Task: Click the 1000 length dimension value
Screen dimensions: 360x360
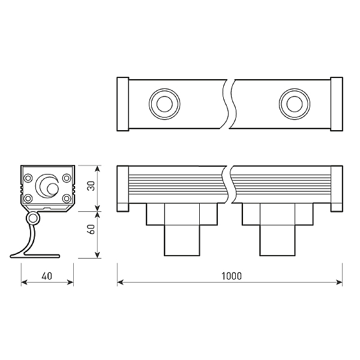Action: (x=231, y=276)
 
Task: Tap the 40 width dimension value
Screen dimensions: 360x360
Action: (x=47, y=276)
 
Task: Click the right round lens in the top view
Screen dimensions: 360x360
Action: (x=293, y=104)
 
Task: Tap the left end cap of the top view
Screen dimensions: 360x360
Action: (x=122, y=104)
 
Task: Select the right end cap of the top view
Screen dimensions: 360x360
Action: (x=337, y=104)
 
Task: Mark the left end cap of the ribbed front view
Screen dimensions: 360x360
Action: (x=122, y=188)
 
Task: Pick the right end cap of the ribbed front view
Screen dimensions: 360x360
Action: (x=337, y=188)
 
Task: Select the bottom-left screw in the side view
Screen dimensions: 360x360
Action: (x=28, y=198)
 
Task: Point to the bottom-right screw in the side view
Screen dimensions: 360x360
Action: (x=67, y=198)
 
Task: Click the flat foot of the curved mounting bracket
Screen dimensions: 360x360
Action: (x=36, y=256)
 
